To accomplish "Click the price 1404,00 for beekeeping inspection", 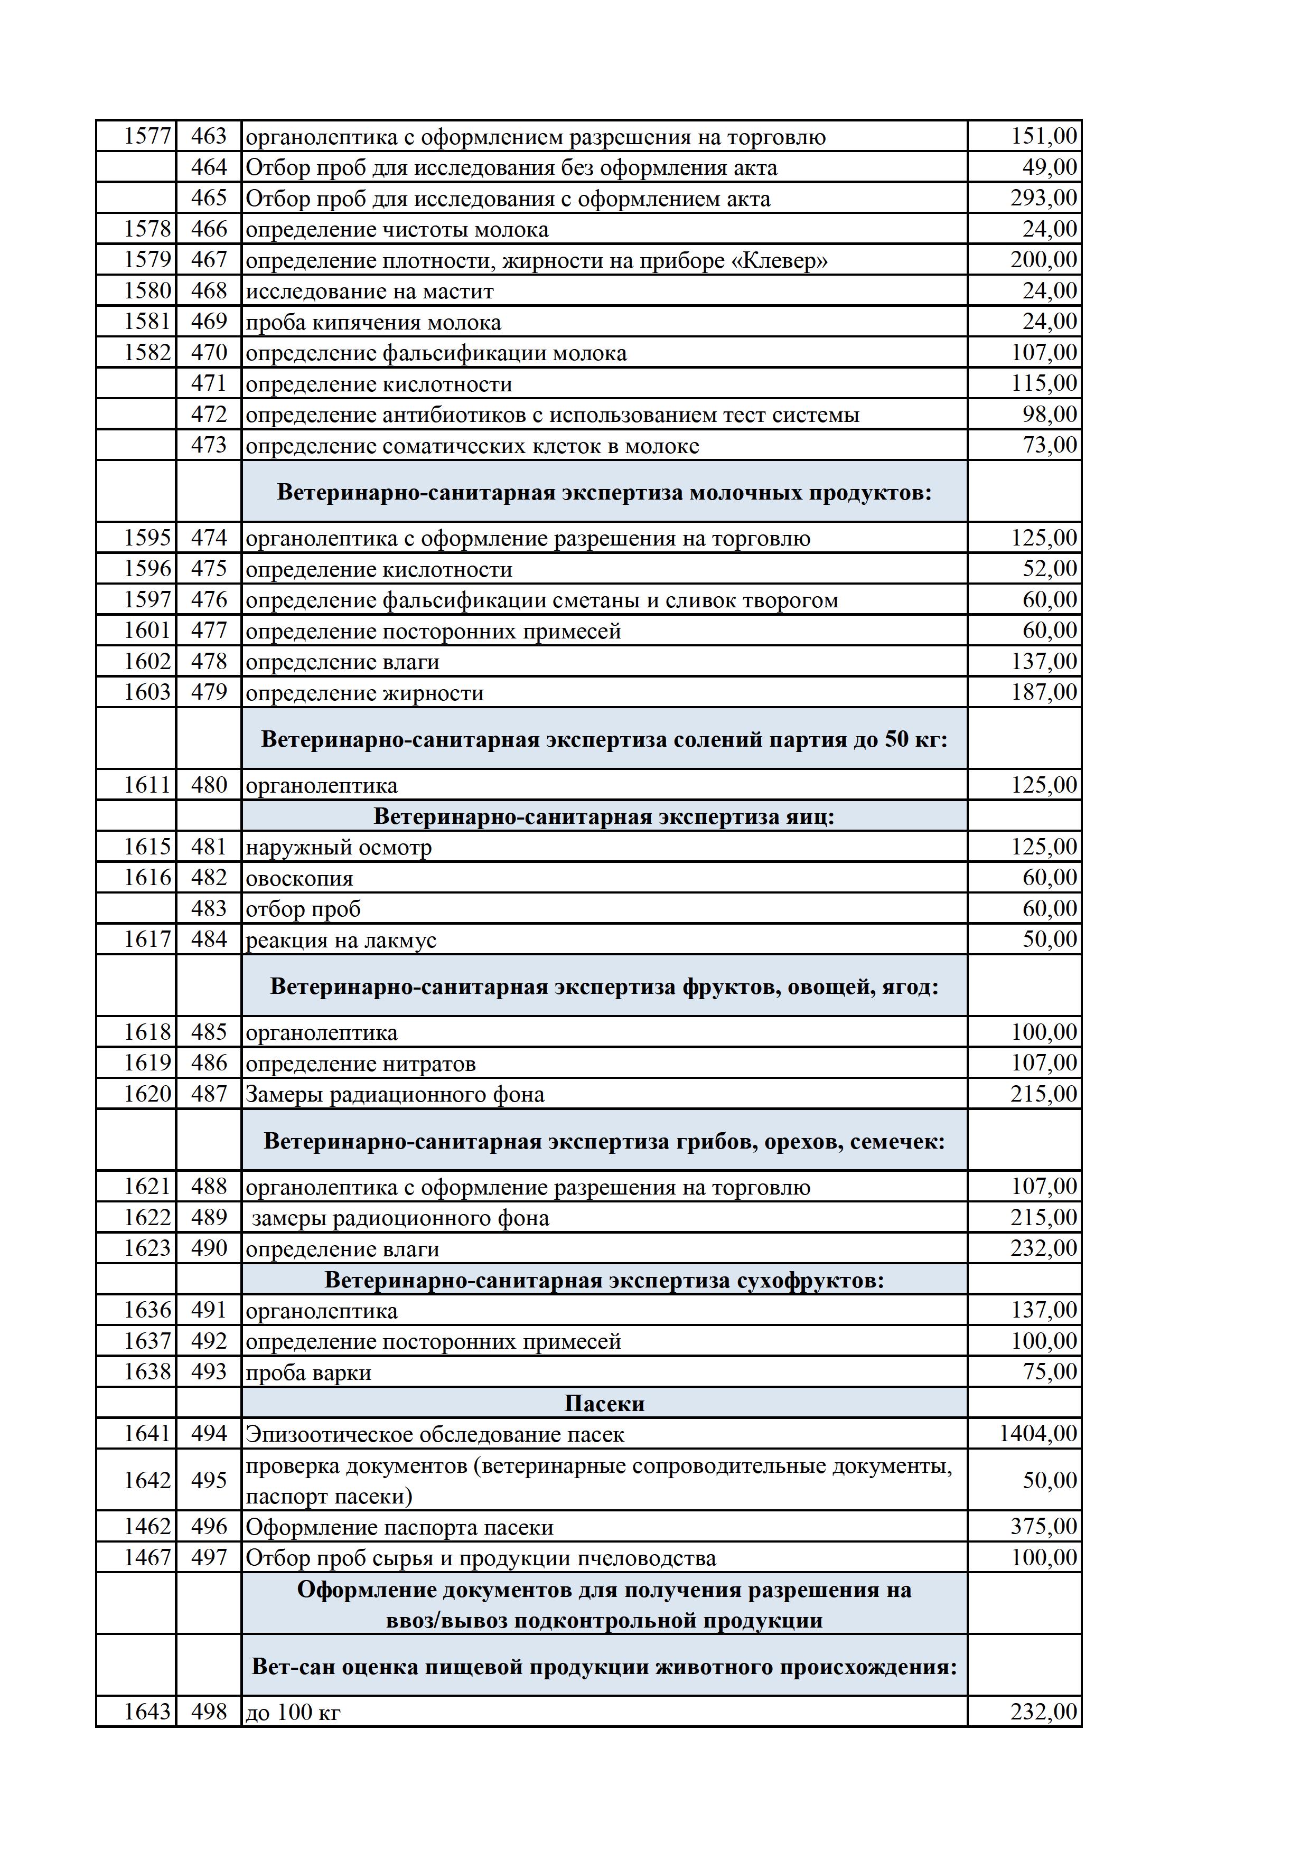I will click(x=1037, y=1434).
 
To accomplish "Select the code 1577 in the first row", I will click(x=147, y=136).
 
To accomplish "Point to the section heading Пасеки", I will click(x=604, y=1404).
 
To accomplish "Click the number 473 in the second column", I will click(x=209, y=445).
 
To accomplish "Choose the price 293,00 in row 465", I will click(x=1043, y=199).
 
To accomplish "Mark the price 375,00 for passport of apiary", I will click(x=1043, y=1527).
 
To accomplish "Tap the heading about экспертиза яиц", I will click(x=604, y=816).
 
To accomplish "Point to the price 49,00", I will click(x=1050, y=168).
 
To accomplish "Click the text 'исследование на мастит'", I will click(x=369, y=291).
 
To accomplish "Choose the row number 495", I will click(x=209, y=1480).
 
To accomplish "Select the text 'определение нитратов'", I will click(x=361, y=1064).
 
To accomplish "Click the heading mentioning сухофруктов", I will click(x=604, y=1280).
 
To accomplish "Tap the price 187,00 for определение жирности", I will click(x=1044, y=693).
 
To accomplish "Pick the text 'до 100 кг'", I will click(x=293, y=1713).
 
